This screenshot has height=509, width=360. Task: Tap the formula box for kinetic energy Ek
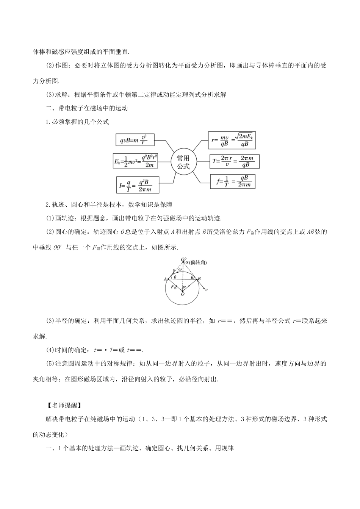coord(135,161)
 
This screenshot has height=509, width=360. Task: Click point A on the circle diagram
coord(165,279)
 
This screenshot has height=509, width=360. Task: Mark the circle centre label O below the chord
coord(183,294)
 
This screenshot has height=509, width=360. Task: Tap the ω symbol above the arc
coord(180,269)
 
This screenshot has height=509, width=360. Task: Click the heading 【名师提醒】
coord(63,405)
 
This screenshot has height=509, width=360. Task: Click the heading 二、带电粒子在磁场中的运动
coord(87,108)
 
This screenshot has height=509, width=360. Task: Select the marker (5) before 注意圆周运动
coord(50,364)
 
